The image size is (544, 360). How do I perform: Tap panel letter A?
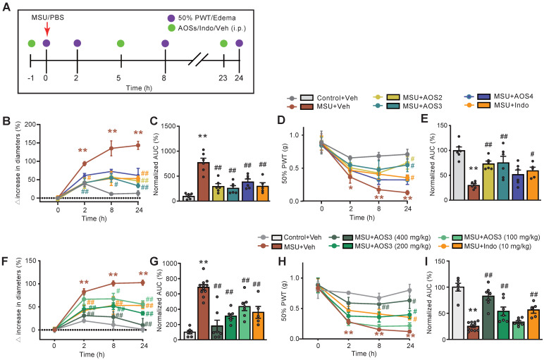coord(7,6)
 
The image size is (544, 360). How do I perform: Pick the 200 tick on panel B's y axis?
coord(35,125)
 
